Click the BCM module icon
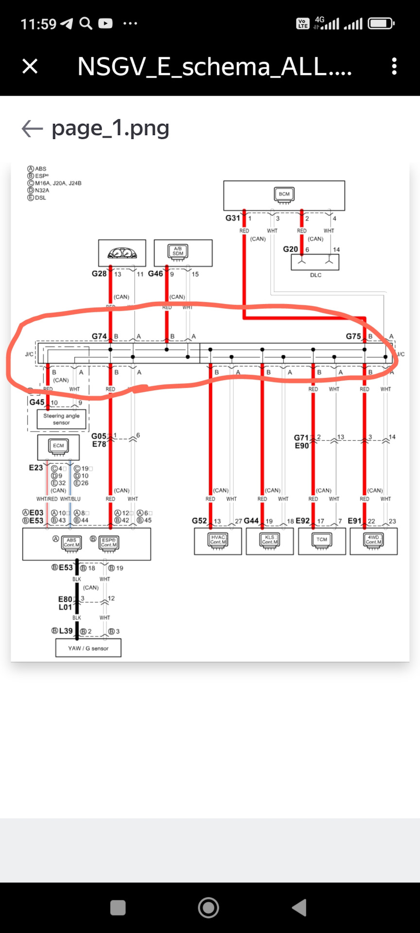click(284, 194)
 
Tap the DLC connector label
click(315, 275)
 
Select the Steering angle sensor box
click(61, 419)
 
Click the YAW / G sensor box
click(88, 648)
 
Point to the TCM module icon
click(322, 540)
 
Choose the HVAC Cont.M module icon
click(218, 540)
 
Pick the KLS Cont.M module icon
click(269, 540)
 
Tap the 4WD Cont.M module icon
click(373, 540)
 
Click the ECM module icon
click(58, 446)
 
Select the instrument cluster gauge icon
click(122, 253)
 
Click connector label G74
click(99, 336)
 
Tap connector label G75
click(353, 336)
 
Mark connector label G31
click(232, 218)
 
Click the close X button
click(30, 66)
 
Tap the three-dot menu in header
click(394, 66)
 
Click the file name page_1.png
click(110, 128)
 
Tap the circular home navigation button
click(209, 907)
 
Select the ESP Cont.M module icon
click(109, 542)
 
